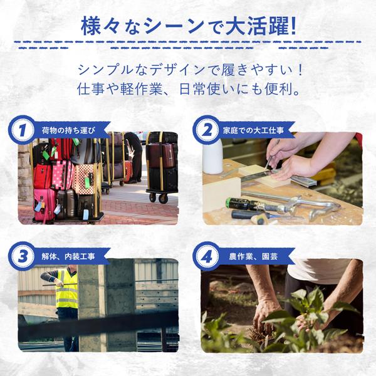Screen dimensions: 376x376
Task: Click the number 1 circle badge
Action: (23, 130)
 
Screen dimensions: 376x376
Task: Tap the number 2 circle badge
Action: (206, 130)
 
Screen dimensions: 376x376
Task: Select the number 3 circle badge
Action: (23, 256)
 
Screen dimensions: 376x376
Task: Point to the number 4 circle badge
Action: (206, 256)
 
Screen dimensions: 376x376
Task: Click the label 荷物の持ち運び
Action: (68, 130)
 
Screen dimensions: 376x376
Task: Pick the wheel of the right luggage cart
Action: (162, 199)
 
